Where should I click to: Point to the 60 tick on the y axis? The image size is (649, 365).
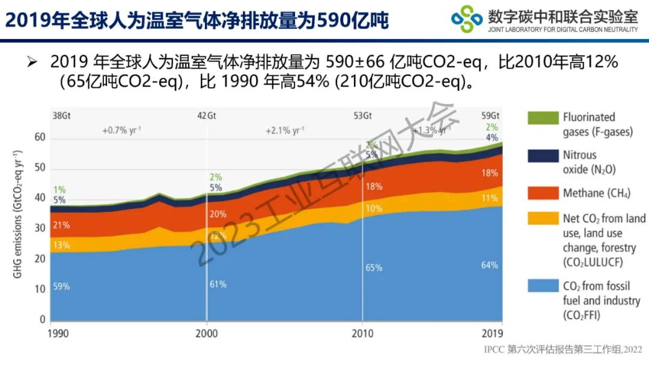(x=39, y=138)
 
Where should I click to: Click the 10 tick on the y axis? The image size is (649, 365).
(x=40, y=289)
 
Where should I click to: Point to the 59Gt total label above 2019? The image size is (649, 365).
(x=490, y=116)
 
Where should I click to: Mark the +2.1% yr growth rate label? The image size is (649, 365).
(x=287, y=130)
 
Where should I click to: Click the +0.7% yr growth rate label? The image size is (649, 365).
(x=122, y=130)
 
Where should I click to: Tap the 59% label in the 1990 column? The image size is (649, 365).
(x=61, y=286)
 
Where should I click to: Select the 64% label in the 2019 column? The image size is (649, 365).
(x=490, y=265)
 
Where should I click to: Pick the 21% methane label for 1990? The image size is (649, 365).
(x=61, y=225)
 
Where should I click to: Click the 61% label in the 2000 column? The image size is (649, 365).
(x=218, y=284)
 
